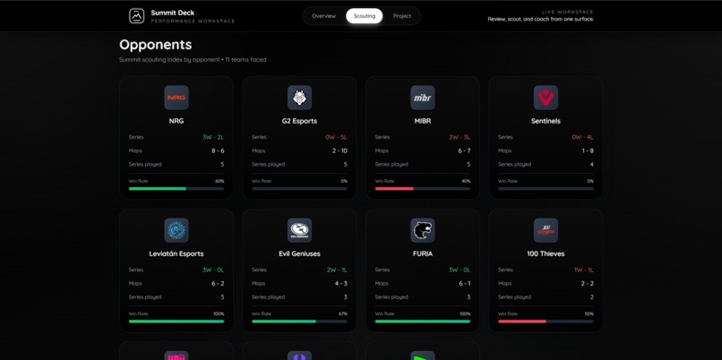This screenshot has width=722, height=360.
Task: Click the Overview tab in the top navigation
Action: point(323,16)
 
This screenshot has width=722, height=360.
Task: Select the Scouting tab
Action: point(365,16)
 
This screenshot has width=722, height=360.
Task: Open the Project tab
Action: point(402,16)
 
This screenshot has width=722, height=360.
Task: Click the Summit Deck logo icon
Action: point(136,16)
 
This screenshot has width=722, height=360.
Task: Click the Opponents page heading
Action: point(155,45)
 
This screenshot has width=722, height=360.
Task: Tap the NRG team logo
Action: point(176,97)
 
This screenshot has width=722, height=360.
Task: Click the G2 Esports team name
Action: point(299,121)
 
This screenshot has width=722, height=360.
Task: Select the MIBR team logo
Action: point(423,97)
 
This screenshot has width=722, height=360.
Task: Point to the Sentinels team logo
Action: point(546,97)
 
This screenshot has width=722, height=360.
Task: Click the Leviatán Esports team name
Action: point(176,253)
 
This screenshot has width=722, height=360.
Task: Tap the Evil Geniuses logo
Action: point(299,230)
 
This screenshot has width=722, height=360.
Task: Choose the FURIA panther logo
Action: point(423,230)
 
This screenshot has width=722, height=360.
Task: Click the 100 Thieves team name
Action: point(546,253)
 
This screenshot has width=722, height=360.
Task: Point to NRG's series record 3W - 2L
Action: point(213,137)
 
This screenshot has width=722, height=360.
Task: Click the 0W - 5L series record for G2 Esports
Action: point(336,137)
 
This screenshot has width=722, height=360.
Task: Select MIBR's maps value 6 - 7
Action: point(463,150)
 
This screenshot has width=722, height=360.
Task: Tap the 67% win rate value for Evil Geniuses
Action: point(343,313)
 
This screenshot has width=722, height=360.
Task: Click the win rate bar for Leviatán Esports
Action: point(176,321)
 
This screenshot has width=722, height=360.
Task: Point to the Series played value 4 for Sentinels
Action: point(591,164)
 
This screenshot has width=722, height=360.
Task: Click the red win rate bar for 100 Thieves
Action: point(522,321)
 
